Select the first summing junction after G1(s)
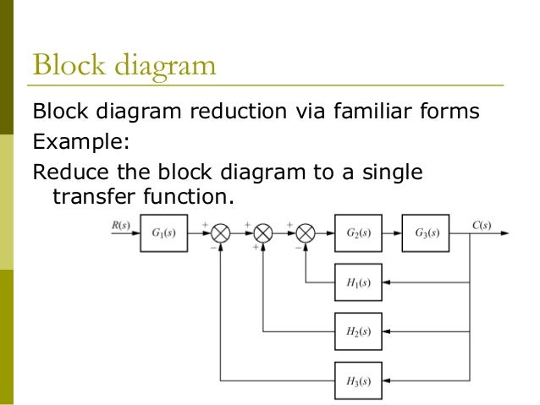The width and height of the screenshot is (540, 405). tap(221, 233)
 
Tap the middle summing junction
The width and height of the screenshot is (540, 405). tap(263, 233)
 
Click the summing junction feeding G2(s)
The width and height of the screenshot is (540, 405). tap(305, 233)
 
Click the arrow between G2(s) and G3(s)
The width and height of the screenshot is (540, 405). tap(392, 233)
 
